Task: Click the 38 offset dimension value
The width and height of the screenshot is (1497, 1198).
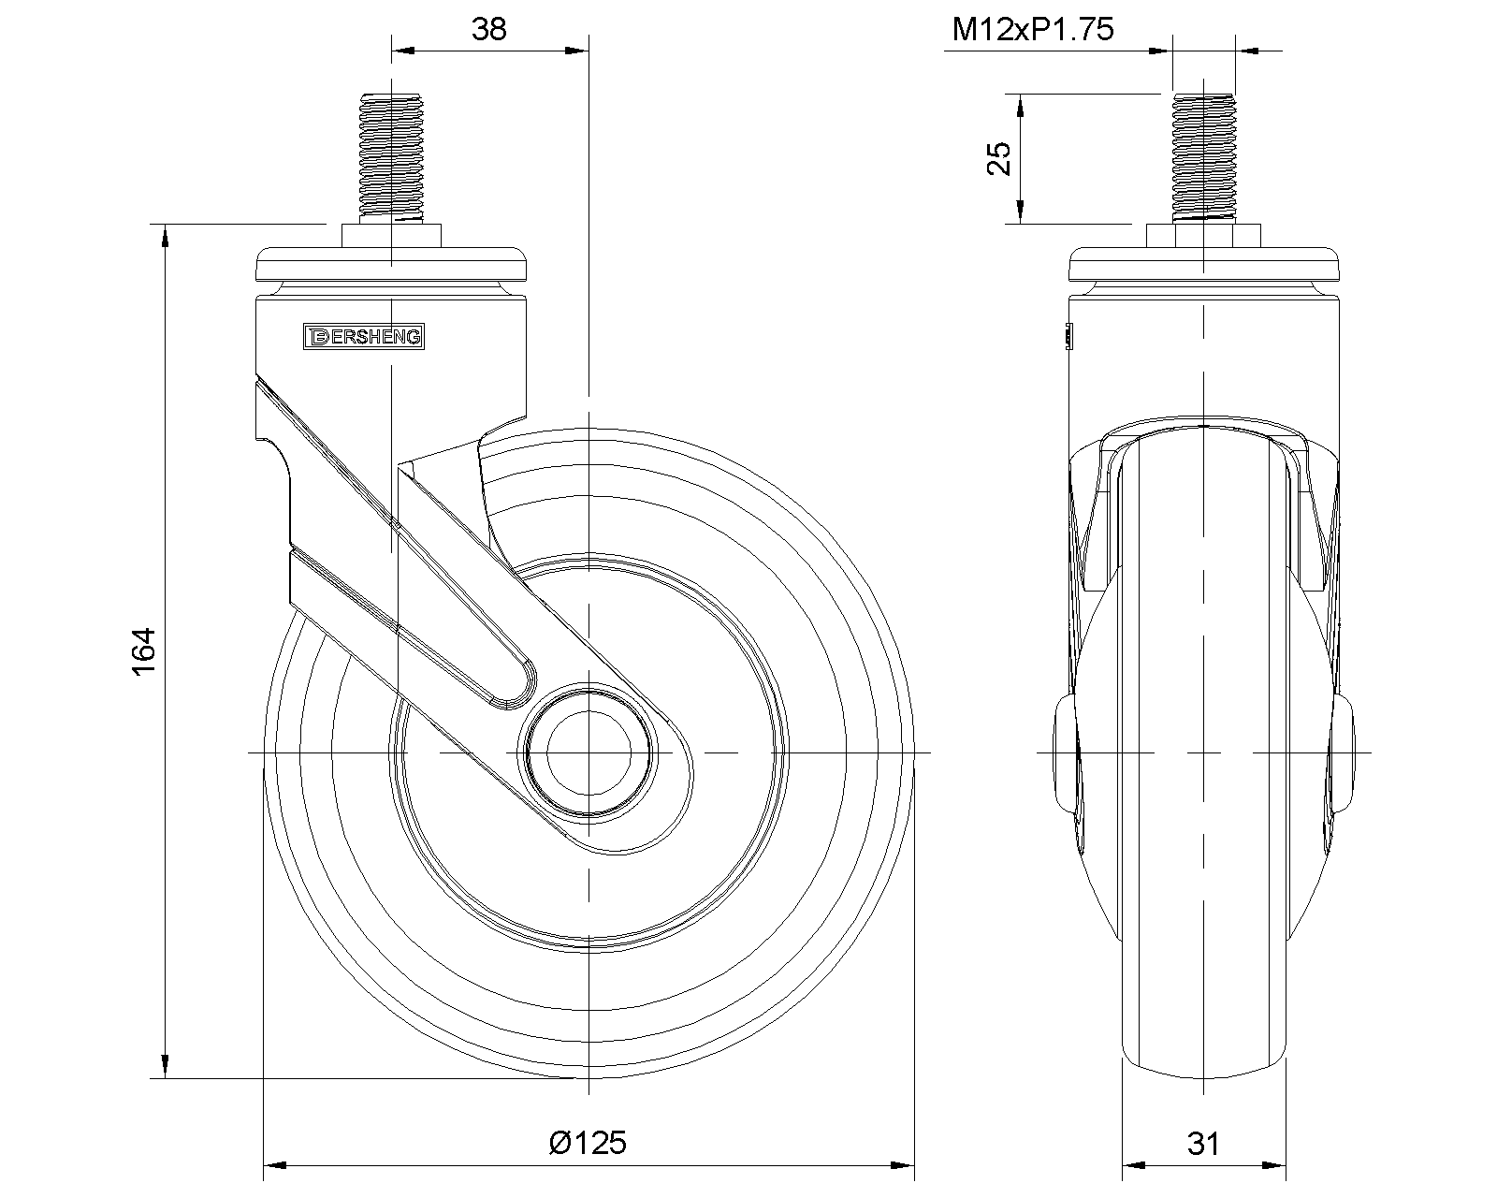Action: [489, 29]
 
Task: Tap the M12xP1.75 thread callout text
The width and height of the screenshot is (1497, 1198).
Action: [1032, 29]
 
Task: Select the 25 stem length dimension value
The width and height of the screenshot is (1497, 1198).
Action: [999, 159]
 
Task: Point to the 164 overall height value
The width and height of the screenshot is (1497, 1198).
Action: [144, 650]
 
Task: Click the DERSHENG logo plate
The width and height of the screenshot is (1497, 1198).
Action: [364, 337]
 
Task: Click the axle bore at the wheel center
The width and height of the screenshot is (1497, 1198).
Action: [589, 752]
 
